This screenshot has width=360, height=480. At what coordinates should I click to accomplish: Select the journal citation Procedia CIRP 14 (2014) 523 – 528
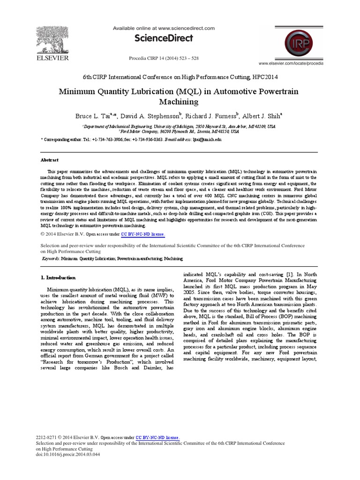pos(164,58)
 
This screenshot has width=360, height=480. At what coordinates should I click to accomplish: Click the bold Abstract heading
pos(49,160)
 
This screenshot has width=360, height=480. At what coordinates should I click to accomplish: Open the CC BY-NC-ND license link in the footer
pos(157,437)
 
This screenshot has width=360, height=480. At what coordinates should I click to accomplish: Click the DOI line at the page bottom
pos(68,454)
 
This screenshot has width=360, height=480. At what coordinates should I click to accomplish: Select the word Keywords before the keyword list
pos(51,258)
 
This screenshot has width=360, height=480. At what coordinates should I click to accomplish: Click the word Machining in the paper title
pos(180,101)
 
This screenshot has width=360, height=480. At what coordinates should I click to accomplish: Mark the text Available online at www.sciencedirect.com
pos(164,28)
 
